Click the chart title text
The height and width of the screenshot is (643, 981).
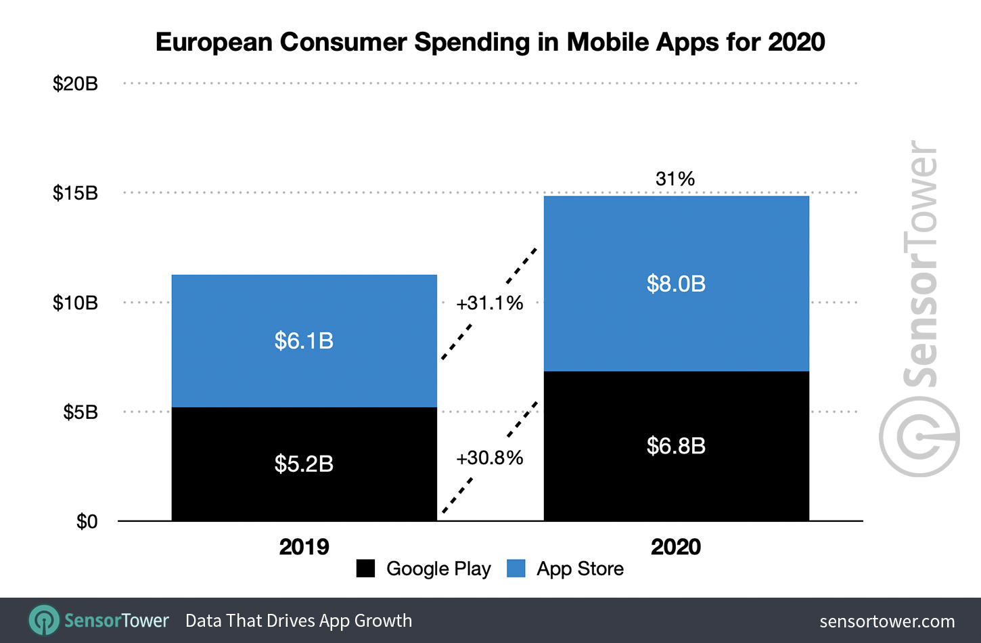[x=490, y=42]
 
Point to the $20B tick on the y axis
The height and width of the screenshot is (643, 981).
[x=75, y=84]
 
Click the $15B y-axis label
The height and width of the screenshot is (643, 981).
[x=75, y=194]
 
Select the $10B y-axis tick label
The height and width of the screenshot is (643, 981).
[x=75, y=303]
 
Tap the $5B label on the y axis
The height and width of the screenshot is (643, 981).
[x=80, y=412]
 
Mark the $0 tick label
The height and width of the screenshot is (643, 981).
[x=87, y=522]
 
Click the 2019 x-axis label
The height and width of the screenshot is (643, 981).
[x=304, y=547]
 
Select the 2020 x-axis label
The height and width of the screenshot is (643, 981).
[x=675, y=547]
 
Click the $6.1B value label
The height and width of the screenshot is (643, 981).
[x=304, y=340]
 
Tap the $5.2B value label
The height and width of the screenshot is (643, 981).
[x=304, y=464]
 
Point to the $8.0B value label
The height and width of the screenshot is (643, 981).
[x=676, y=284]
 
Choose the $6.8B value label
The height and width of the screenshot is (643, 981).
[x=676, y=446]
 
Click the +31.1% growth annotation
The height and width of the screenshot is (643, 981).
[x=489, y=303]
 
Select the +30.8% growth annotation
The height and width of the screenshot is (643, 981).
[x=489, y=458]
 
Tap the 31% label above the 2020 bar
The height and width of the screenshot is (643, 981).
[x=675, y=179]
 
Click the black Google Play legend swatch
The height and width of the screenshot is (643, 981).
[x=365, y=569]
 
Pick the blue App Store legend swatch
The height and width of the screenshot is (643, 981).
[x=516, y=569]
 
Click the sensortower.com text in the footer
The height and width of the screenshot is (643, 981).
[x=887, y=621]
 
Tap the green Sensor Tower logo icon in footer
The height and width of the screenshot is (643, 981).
[x=44, y=620]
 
